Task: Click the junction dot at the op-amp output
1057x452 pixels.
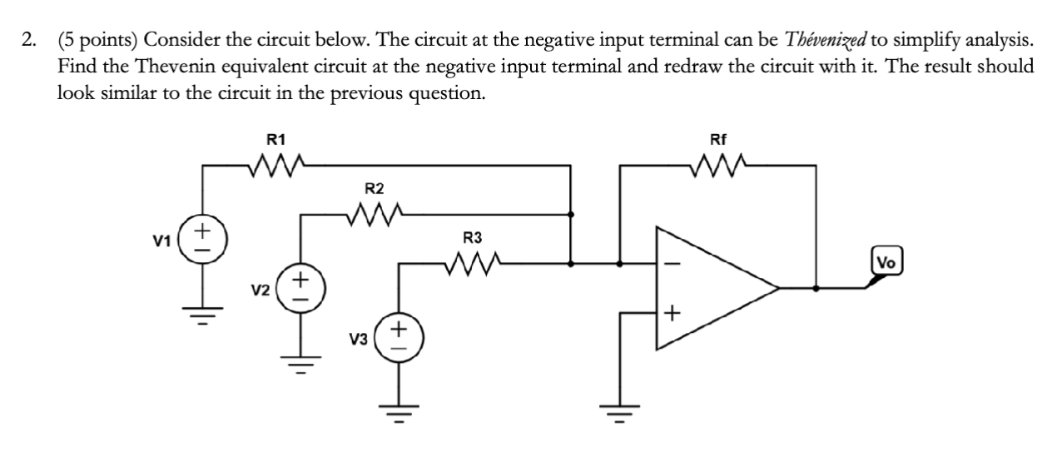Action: pyautogui.click(x=816, y=288)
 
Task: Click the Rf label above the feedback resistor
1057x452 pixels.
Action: pyautogui.click(x=718, y=140)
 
